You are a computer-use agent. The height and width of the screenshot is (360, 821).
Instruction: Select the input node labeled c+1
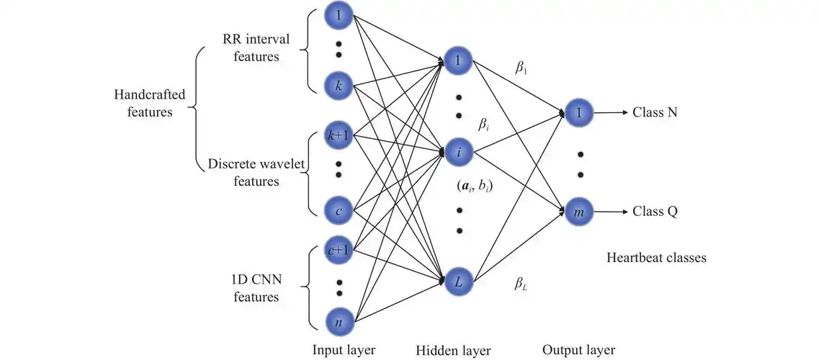tap(338, 250)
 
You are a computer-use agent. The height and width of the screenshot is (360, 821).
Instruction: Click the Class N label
tap(655, 113)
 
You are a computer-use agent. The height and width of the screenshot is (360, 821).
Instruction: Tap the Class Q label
tap(655, 212)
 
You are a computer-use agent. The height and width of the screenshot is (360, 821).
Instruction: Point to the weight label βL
tap(521, 284)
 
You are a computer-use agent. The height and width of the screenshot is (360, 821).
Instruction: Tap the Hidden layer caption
tap(453, 351)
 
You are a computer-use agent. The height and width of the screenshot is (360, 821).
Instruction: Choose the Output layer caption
tap(580, 350)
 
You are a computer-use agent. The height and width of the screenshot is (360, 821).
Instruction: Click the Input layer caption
tap(344, 350)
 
